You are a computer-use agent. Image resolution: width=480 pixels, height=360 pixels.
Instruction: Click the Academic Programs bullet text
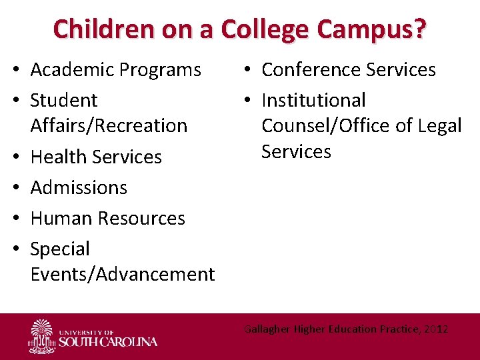pos(116,69)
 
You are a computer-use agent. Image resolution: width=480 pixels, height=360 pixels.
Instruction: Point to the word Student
pos(64,101)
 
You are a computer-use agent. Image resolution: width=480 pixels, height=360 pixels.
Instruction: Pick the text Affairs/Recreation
pos(109,125)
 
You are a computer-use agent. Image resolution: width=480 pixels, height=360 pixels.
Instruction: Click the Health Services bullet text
pos(96,157)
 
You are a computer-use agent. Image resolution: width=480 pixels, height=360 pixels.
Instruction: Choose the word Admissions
pos(79,187)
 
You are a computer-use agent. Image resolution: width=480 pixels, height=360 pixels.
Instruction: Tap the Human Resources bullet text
pos(108,218)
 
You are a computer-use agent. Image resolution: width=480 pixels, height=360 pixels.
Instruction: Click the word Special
pos(60,249)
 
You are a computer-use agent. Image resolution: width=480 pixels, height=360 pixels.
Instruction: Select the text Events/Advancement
pos(123,274)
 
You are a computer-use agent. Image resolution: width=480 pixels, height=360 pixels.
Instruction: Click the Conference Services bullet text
pos(349,69)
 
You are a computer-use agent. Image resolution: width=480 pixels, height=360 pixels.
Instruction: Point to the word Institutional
pos(313,101)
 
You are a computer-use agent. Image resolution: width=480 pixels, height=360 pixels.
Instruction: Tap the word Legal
pos(437,125)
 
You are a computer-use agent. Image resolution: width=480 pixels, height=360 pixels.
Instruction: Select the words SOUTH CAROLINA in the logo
pos(108,342)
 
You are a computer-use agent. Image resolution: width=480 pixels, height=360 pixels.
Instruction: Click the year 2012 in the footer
pos(434,329)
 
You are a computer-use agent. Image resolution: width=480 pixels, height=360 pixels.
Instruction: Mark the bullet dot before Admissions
pos(19,187)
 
